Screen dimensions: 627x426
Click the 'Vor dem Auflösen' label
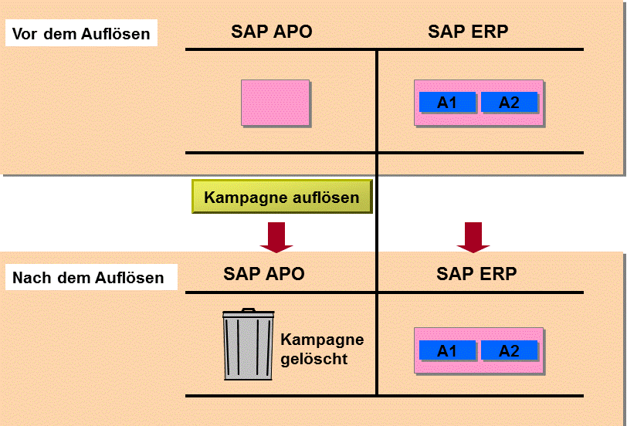pos(81,33)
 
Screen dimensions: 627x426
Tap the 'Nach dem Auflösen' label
pos(91,277)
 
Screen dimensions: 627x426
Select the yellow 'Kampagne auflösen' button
pos(282,197)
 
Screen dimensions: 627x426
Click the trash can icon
pos(249,343)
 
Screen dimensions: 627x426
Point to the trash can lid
pos(249,313)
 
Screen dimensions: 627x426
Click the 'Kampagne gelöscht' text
pos(322,349)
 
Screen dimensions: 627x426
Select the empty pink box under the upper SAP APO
pos(276,103)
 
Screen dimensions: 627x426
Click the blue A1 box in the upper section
pos(447,103)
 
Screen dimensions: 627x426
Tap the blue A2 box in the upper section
pos(509,103)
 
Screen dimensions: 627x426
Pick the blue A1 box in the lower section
pos(447,350)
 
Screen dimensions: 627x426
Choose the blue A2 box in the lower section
pos(509,350)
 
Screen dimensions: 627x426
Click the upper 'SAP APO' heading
pos(272,31)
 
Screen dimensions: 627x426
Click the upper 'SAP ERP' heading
pos(468,31)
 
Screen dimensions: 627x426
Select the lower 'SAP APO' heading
pos(264,274)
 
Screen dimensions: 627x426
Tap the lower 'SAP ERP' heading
pos(476,274)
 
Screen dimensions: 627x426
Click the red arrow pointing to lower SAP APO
pos(276,238)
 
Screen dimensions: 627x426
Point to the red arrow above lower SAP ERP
pos(473,238)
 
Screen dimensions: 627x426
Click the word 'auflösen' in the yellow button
pos(326,197)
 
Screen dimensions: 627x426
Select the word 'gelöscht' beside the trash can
pos(314,359)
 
